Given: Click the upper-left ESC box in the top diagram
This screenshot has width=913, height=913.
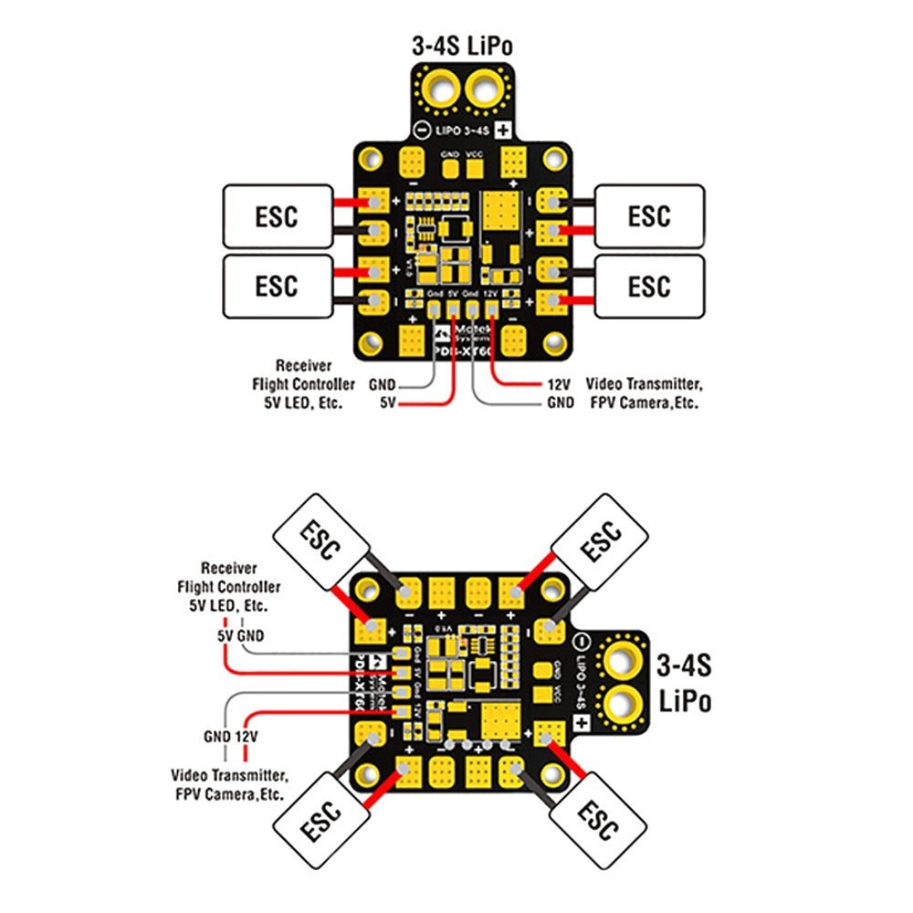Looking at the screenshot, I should pos(277,216).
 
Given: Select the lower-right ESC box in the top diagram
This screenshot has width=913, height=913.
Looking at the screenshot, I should pos(649,287).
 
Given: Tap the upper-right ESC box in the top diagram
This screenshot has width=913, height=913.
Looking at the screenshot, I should pos(649,216).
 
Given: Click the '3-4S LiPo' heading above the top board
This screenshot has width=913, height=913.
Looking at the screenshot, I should pos(465,46).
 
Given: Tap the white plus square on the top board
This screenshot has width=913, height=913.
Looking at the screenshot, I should pos(502,130).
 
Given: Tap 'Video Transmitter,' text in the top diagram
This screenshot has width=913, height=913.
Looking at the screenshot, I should pos(645,384).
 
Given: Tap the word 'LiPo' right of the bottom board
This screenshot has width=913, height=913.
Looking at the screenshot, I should pos(685,701).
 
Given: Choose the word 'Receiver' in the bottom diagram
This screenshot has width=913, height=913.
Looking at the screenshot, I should pos(228,569).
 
